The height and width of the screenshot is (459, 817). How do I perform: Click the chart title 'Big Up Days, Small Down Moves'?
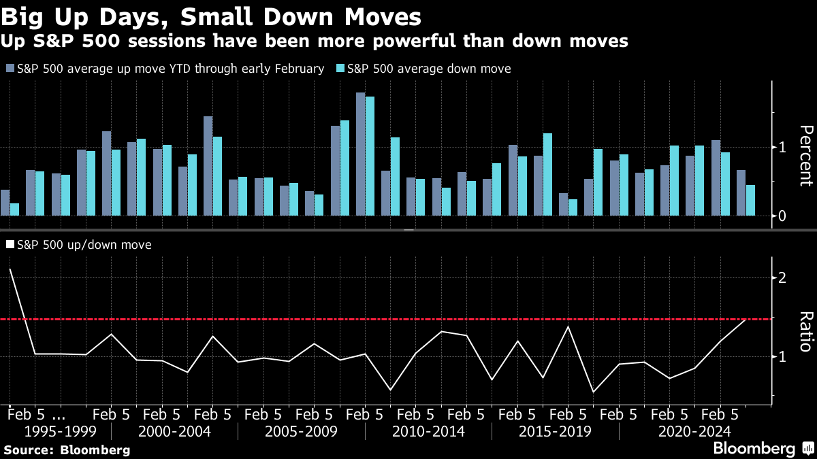coord(210,16)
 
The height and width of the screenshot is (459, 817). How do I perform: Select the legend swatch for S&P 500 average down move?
coord(340,69)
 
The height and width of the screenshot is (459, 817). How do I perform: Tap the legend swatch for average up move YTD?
coord(10,69)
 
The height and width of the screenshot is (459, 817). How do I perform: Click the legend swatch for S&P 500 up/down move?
coord(10,244)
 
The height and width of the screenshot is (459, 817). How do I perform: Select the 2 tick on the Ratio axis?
coord(783,278)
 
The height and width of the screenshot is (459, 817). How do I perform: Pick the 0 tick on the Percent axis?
coord(783,216)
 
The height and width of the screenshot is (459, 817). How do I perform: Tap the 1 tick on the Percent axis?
coord(783,148)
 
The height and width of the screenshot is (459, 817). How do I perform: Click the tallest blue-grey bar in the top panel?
coord(360,154)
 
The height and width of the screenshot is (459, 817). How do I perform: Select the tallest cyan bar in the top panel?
coord(370,156)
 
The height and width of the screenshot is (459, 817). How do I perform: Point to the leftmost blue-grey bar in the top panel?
coord(5,203)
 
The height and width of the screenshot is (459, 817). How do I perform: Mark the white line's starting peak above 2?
coord(10,269)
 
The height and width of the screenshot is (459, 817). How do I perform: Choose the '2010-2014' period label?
coord(428,432)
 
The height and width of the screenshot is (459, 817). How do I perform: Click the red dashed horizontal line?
coord(408,319)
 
